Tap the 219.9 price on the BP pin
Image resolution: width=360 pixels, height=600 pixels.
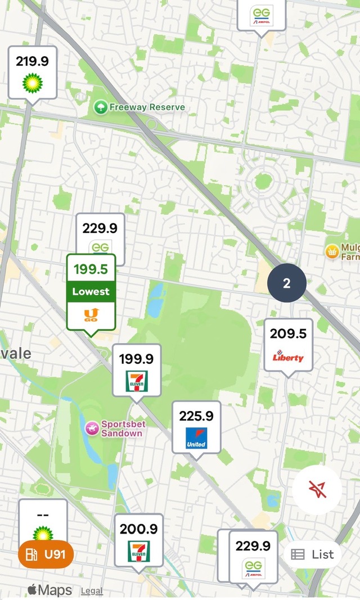32,61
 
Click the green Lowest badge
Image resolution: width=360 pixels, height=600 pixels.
91,292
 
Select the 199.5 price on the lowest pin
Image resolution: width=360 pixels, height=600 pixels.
91,269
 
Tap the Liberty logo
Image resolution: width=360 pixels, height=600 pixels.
288,357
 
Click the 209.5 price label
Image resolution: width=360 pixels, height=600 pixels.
288,334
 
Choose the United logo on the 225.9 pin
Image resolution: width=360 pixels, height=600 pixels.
196,438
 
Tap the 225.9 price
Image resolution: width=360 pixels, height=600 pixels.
196,416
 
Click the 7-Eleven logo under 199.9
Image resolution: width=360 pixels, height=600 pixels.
136,381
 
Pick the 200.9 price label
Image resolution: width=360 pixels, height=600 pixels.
138,529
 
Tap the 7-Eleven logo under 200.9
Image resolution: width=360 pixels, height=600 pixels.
138,551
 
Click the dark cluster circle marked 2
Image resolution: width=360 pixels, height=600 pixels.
287,283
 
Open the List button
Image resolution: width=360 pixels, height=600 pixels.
313,554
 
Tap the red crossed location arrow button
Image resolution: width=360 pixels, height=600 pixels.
317,490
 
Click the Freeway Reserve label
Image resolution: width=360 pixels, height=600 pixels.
147,107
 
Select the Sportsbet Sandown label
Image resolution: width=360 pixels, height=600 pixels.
121,428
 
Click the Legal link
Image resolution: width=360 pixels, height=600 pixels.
92,591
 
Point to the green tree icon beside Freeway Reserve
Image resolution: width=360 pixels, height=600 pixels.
101,107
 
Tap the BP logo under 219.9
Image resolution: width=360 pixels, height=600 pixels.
33,83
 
